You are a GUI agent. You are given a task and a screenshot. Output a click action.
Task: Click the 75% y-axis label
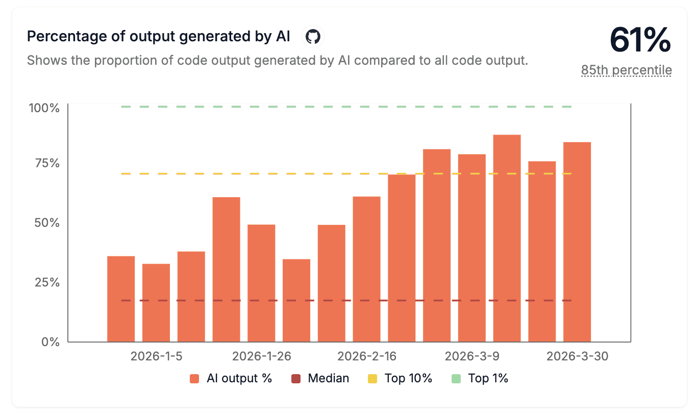coord(46,163)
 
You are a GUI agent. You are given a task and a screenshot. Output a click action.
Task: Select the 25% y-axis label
coord(46,282)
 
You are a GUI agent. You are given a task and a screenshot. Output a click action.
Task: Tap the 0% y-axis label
coord(50,342)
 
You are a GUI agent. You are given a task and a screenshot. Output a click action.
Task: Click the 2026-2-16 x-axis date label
coord(367,356)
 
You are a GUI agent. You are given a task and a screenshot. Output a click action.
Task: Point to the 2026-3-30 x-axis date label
coord(577,356)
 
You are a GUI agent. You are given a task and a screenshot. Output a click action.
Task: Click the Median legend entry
coord(320,378)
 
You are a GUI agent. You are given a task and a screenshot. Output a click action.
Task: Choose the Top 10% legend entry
coord(400,378)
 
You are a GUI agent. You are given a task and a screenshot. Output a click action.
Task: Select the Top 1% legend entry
coord(480,378)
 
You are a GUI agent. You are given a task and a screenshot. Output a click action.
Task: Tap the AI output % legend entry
coord(231,378)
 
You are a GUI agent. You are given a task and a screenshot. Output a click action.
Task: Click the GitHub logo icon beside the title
coord(313,37)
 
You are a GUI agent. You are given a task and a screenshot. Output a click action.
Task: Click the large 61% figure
coord(640,40)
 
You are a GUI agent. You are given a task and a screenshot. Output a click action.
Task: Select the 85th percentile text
coord(626,70)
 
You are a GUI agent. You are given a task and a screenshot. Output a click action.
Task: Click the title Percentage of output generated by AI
coord(158,37)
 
